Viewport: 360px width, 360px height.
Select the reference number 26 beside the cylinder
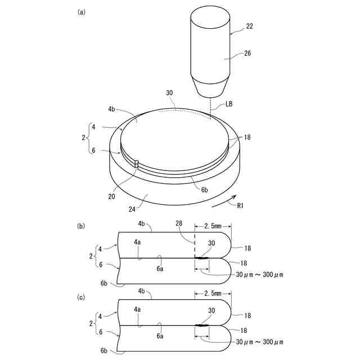248,54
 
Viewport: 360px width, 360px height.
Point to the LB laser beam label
229,105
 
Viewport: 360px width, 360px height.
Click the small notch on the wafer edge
137,164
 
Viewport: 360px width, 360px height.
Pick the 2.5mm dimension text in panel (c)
213,293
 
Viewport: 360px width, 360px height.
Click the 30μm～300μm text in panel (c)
259,342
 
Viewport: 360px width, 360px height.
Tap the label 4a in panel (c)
137,309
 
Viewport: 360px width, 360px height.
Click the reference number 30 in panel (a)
169,92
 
